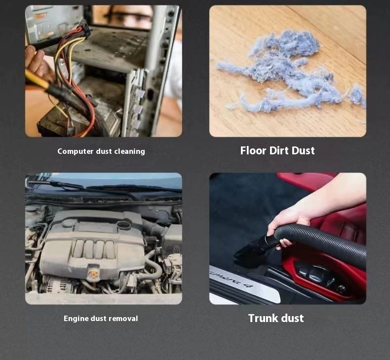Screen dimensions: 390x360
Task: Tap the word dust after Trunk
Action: [x=290, y=318]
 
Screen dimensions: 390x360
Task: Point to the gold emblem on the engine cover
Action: [x=93, y=273]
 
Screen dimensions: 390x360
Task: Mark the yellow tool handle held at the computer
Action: [x=38, y=79]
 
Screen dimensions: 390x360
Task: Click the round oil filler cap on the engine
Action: [x=124, y=225]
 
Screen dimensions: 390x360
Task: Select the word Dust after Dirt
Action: [x=303, y=150]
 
